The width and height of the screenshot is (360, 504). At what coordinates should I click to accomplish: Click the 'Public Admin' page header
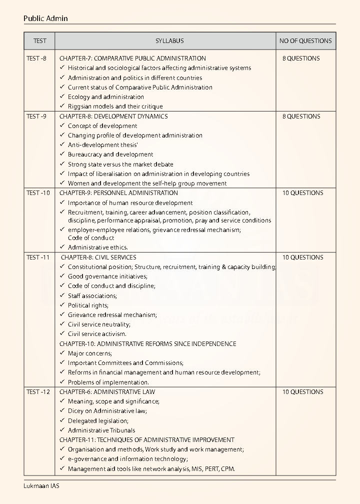[45, 18]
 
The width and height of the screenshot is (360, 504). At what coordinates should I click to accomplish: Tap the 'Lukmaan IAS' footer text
[41, 485]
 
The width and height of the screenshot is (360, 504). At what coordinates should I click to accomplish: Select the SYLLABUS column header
[169, 41]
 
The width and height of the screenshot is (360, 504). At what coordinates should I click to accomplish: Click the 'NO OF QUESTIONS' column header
[305, 41]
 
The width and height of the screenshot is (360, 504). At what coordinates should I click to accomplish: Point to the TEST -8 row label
[36, 58]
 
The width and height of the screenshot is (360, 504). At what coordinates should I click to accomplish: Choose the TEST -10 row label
[38, 193]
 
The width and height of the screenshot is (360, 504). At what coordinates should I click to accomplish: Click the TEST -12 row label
[38, 392]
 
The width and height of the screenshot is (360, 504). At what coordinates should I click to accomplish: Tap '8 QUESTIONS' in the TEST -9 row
[301, 116]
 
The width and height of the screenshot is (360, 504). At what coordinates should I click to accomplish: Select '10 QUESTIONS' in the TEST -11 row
[302, 257]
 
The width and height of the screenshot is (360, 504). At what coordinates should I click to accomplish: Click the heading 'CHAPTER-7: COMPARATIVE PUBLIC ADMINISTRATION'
[132, 58]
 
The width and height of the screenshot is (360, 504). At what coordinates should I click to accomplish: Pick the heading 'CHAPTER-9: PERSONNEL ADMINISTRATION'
[118, 193]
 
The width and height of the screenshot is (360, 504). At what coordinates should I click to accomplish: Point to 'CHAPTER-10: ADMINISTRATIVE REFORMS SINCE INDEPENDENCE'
[147, 344]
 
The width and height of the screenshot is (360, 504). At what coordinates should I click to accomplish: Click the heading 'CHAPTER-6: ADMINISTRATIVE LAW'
[107, 392]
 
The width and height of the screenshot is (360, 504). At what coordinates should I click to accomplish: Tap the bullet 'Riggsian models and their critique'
[115, 106]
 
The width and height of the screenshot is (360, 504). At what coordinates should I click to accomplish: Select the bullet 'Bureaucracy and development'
[110, 154]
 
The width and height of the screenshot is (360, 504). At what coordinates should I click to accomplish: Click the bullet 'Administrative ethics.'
[98, 247]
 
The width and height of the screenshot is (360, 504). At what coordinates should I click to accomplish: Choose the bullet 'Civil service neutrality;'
[99, 324]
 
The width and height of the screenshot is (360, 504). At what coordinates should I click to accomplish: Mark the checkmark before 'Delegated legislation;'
[62, 420]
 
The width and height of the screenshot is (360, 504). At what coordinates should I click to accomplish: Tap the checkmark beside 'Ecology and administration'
[62, 96]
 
